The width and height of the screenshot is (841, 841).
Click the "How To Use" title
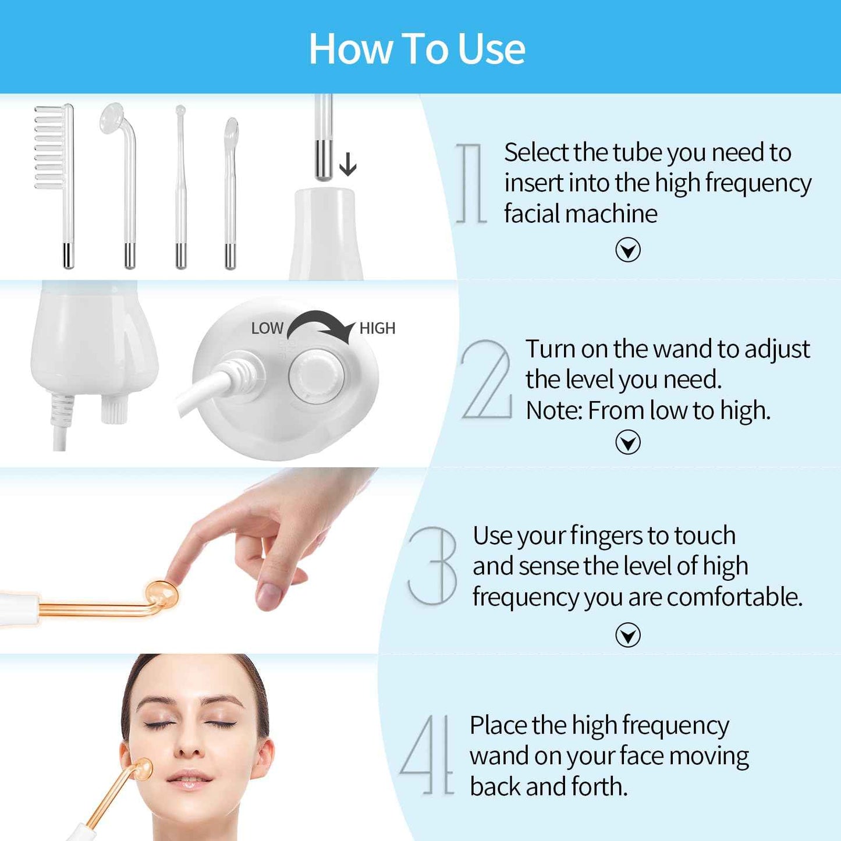click(x=417, y=49)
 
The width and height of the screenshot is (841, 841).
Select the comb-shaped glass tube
click(x=54, y=148)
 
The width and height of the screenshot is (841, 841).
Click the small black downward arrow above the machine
click(x=347, y=164)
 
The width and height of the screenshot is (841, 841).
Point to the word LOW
click(x=267, y=328)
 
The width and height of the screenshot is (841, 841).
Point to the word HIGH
click(x=377, y=328)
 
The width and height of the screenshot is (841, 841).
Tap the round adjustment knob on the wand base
click(x=316, y=375)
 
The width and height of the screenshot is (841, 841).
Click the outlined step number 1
click(x=471, y=183)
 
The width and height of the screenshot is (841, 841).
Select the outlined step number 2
click(x=487, y=380)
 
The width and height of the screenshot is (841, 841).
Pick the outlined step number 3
click(x=434, y=566)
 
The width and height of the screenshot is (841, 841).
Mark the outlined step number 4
click(x=427, y=755)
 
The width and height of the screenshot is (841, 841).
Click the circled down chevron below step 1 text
click(x=627, y=250)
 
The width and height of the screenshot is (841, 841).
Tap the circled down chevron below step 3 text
click(x=627, y=635)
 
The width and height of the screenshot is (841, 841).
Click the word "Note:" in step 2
click(x=553, y=410)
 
